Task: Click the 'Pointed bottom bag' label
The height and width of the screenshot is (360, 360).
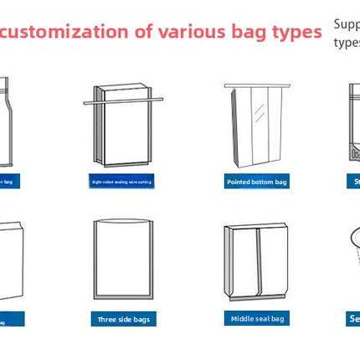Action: coord(256,181)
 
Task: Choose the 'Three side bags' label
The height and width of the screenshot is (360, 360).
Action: coord(123,319)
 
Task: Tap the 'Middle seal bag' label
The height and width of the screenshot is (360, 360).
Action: coord(256,318)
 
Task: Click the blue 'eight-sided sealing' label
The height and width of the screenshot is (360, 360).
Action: coord(122,181)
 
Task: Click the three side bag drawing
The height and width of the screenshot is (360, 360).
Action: coord(123,260)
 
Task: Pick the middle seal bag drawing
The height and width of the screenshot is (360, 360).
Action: coord(256,261)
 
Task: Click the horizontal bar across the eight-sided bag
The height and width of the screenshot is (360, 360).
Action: coord(122,101)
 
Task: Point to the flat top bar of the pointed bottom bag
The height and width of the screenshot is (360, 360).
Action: coord(256,85)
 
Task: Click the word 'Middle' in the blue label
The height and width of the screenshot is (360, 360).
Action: coord(245,318)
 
